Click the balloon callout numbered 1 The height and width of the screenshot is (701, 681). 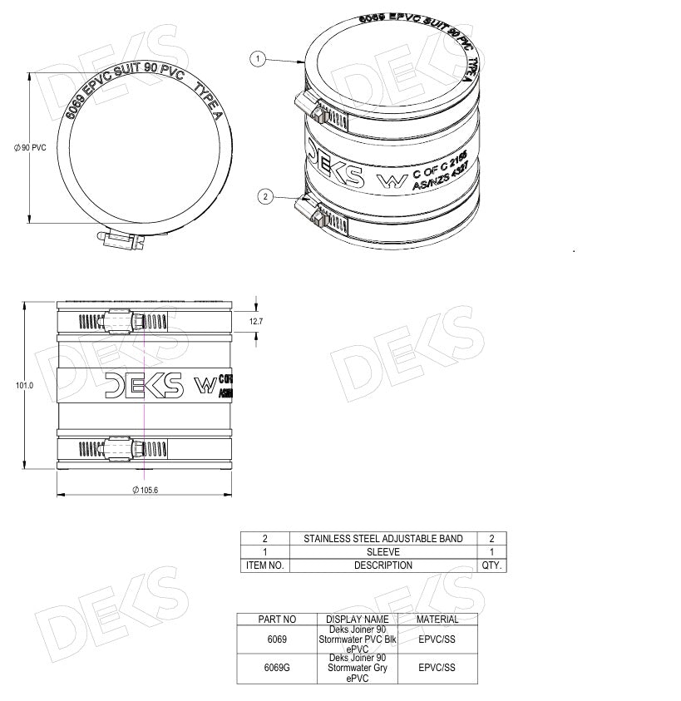click(259, 59)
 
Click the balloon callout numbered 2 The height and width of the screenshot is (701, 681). click(265, 197)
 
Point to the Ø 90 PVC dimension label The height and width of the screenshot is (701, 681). click(30, 147)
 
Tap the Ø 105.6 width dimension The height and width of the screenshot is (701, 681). click(145, 490)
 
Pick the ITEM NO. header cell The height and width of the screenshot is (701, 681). click(265, 565)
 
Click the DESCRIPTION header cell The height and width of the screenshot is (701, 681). click(383, 565)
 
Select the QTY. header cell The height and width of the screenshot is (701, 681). click(492, 565)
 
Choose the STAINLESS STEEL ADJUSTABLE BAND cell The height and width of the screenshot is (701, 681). click(383, 539)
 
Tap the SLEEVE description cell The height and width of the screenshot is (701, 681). click(383, 552)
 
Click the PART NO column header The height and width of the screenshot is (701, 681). click(277, 620)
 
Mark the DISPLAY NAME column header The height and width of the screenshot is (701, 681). click(358, 620)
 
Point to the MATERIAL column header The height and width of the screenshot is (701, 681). click(437, 620)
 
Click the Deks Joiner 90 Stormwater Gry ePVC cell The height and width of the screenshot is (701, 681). click(358, 668)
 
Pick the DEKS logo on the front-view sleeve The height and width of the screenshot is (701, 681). click(144, 384)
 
